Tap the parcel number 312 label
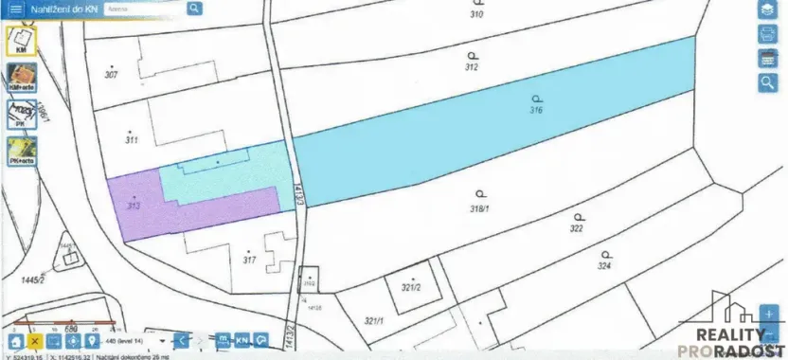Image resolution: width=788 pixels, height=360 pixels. point(471,67)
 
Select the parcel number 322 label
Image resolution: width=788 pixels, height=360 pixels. point(576,228)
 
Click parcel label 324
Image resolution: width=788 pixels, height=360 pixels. point(604,266)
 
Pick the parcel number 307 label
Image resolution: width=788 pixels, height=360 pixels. point(112,75)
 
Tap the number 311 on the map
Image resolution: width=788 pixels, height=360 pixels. point(131,139)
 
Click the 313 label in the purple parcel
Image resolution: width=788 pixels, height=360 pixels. point(134,205)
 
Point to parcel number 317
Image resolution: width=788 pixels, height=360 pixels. point(249,259)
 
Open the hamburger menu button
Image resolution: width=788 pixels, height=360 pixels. point(16,9)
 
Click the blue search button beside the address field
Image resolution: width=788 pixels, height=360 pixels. point(194,9)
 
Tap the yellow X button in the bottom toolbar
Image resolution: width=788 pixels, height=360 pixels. point(35,340)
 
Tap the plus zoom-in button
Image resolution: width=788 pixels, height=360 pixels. point(770,313)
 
